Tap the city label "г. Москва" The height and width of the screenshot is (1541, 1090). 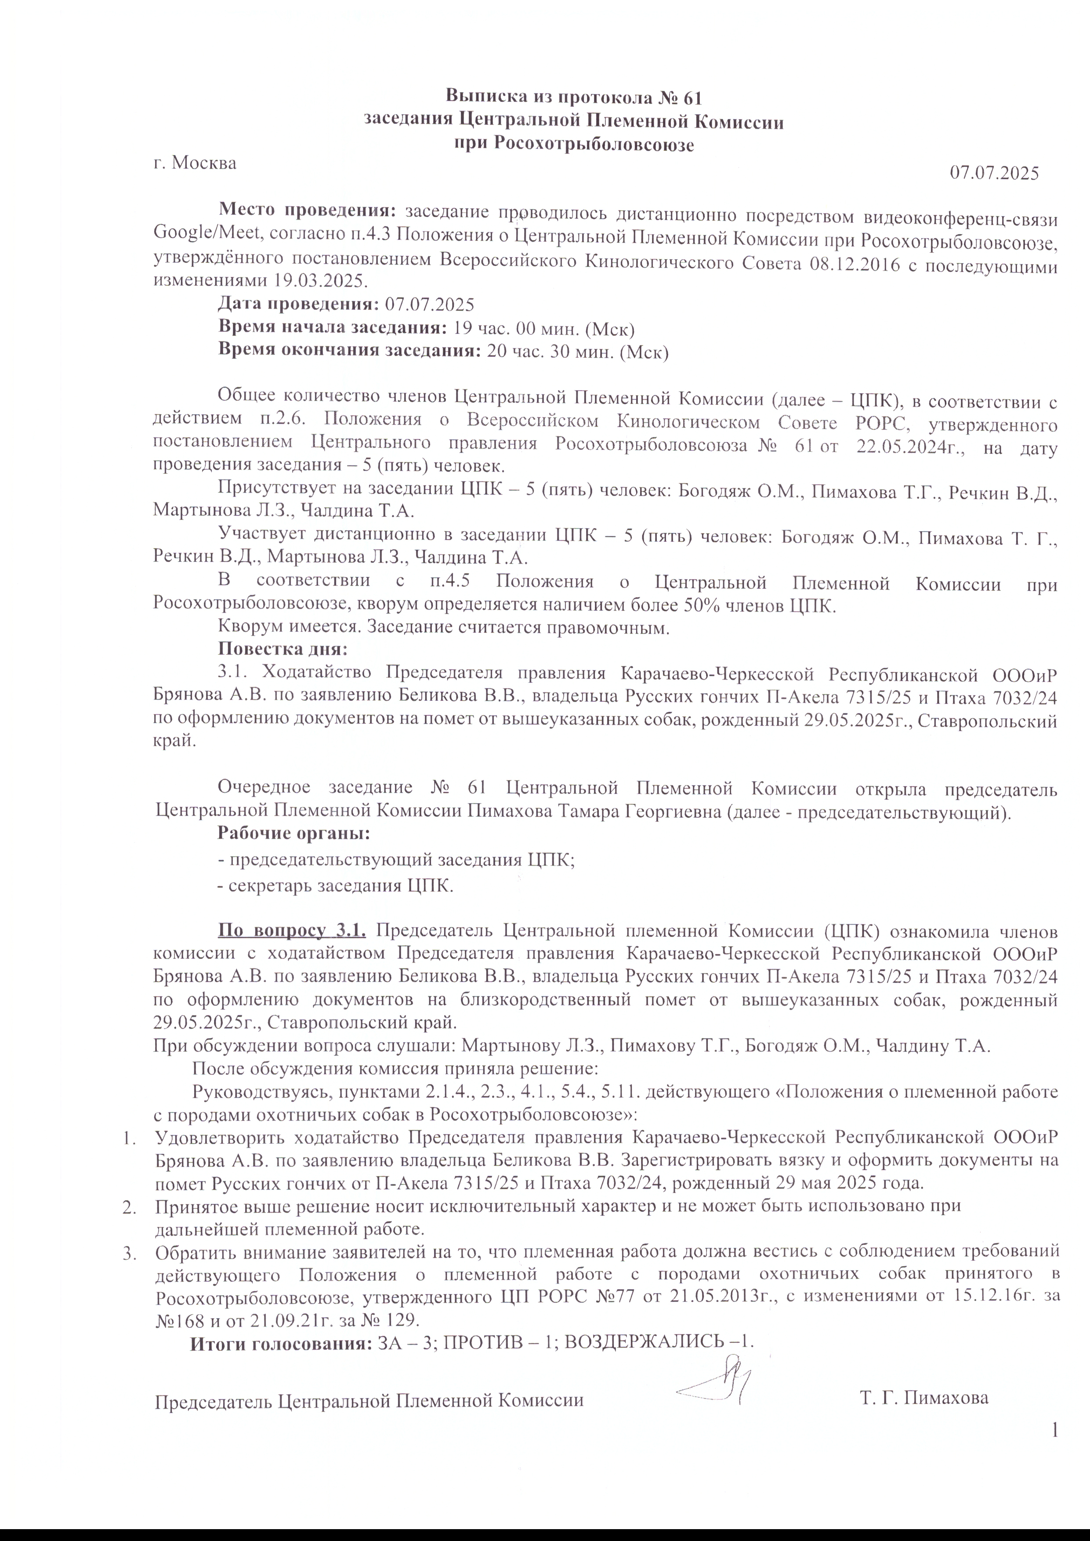click(195, 163)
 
